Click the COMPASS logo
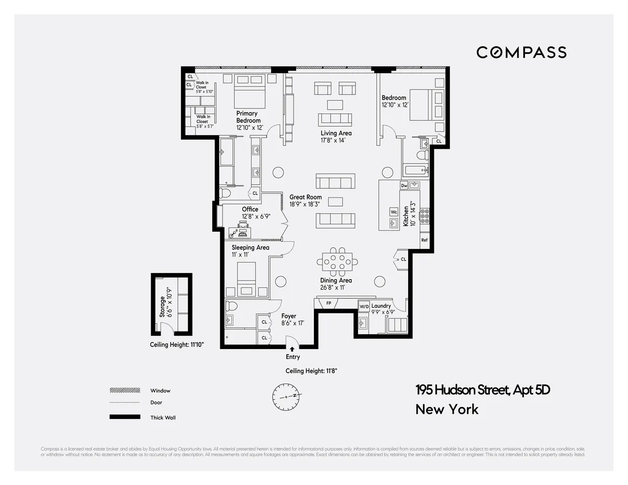521,52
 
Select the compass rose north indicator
287,397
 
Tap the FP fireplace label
329,303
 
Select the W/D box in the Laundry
364,306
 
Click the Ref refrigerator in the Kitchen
424,240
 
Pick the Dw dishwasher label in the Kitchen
404,185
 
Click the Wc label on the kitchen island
394,212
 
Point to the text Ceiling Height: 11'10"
176,345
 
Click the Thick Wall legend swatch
125,417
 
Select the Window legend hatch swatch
125,390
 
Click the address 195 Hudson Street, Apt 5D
483,390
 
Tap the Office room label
250,209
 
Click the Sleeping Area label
250,247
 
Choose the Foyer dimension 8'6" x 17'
293,323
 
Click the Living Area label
336,133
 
